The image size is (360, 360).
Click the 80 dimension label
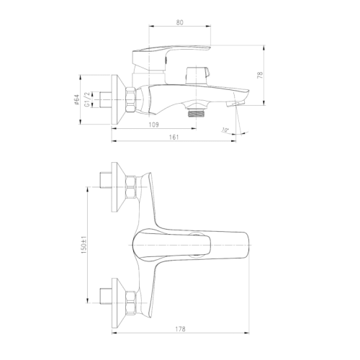[180, 22]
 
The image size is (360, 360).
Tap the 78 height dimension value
[260, 75]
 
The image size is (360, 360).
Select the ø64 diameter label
[76, 100]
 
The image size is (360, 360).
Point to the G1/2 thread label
[87, 99]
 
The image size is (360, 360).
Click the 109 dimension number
[154, 125]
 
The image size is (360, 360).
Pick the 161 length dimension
[174, 137]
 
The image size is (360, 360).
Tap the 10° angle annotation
[225, 130]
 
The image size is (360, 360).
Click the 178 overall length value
[181, 329]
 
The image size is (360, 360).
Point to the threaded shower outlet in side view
[197, 112]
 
